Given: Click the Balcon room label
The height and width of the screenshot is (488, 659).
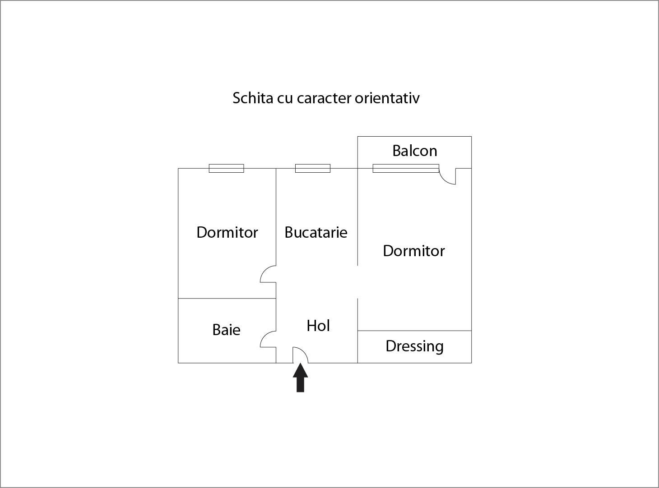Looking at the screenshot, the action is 415,151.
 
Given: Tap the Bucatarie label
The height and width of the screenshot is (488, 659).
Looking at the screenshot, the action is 316,232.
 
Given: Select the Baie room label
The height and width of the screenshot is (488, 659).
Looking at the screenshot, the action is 227,330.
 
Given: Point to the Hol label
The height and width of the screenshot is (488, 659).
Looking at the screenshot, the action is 318,326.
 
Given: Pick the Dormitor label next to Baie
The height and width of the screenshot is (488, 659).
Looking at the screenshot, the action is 227,232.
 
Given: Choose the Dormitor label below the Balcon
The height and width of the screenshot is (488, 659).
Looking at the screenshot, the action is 414,251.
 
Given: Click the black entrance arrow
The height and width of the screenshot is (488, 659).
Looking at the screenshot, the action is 300,378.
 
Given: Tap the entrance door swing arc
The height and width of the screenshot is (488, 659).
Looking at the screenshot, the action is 300,355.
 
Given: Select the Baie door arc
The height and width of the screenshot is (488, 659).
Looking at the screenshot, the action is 268,339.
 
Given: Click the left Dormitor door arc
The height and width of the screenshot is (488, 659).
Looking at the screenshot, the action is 268,274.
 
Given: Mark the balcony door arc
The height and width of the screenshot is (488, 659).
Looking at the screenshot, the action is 447,176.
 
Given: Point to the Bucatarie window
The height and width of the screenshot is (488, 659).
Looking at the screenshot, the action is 312,168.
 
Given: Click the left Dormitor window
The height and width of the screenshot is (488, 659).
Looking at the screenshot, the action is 227,168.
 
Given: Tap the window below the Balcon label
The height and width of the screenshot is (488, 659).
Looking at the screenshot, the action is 406,168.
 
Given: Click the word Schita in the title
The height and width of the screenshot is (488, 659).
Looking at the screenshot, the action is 253,98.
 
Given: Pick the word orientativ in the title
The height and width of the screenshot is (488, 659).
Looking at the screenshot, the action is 387,98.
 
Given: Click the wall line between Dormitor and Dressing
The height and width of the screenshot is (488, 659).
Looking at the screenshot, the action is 414,331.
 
